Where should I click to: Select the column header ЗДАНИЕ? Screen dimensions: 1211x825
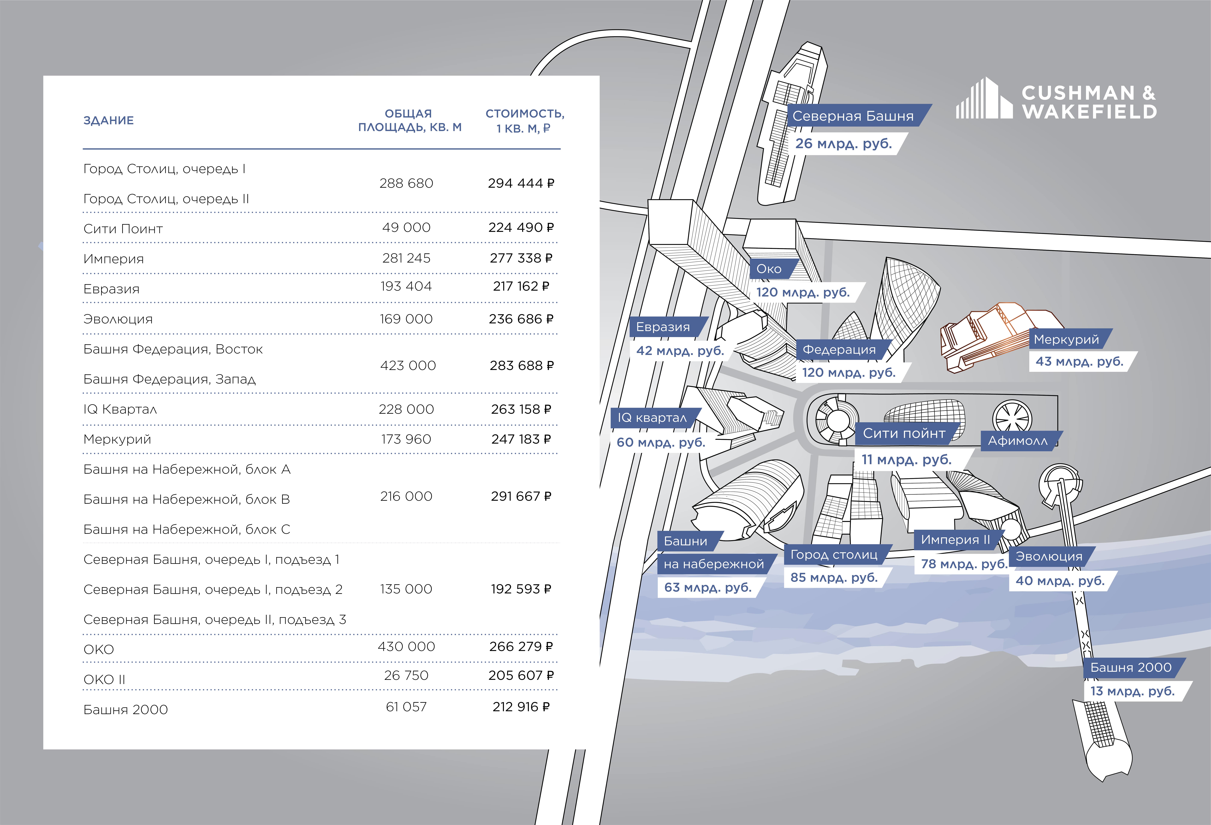tap(108, 120)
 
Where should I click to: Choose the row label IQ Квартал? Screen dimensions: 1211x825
tap(120, 409)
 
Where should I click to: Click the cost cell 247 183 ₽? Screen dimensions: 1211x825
tap(521, 439)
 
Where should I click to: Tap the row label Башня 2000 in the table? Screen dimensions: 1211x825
tap(126, 709)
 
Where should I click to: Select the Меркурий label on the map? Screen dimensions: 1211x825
tap(1066, 340)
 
